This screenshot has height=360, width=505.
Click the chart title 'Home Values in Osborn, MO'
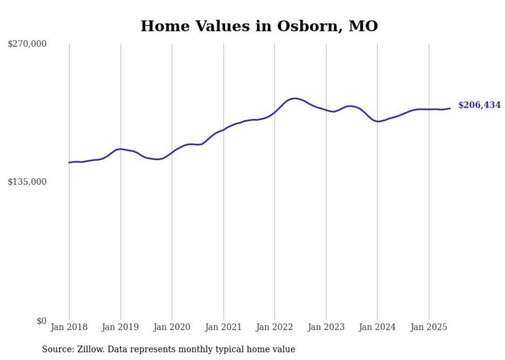point(259,26)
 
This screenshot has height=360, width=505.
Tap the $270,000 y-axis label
point(27,44)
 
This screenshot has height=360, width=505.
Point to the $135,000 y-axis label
point(27,182)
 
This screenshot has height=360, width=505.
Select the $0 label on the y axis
point(41,321)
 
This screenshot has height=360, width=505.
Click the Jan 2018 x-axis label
point(69,327)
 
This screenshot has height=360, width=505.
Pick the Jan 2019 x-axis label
point(121,327)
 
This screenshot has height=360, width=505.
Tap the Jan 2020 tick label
point(172,327)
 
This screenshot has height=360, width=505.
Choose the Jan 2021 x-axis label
point(223,327)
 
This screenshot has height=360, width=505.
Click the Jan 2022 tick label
point(275,327)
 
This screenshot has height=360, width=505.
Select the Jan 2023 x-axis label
point(326,327)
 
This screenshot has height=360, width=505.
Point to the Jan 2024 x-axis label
point(377,327)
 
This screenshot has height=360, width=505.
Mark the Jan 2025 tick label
point(429,327)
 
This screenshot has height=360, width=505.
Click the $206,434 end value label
point(479,105)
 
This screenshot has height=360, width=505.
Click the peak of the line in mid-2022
point(294,98)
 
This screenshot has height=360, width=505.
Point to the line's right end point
point(450,108)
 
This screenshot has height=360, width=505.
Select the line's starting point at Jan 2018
point(69,163)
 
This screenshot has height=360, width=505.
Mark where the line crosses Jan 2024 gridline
point(377,122)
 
